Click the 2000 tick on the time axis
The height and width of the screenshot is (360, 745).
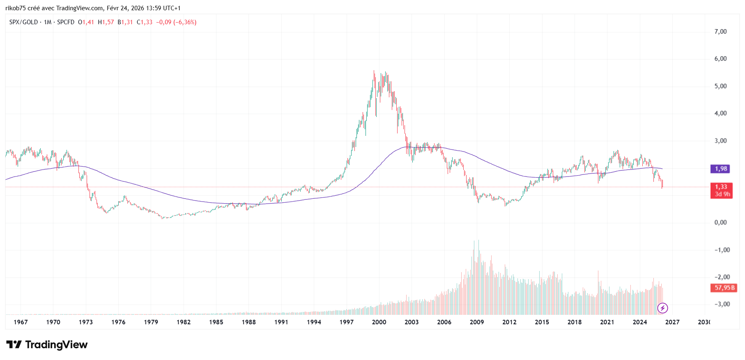click(379, 322)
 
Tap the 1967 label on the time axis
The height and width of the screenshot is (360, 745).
click(21, 322)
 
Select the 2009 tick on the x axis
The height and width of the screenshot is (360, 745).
click(476, 322)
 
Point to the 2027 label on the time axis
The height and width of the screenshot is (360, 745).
click(672, 322)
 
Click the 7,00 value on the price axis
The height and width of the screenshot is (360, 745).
click(720, 32)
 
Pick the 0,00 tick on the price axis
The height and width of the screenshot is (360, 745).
click(720, 222)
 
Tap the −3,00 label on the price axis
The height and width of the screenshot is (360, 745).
click(722, 304)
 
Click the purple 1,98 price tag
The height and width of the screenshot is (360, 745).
click(721, 169)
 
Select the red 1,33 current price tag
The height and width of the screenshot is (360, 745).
click(721, 187)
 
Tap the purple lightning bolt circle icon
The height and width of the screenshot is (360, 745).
click(662, 308)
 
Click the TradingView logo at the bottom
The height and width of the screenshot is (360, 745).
click(47, 345)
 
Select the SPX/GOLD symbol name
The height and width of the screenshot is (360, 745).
click(23, 22)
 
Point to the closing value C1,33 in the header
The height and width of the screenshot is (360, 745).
click(145, 22)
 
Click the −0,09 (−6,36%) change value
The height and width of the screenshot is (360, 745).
click(176, 22)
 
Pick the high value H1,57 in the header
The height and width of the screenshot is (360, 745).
click(106, 22)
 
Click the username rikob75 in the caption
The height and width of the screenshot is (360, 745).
click(16, 8)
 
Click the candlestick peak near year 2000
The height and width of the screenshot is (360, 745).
click(374, 71)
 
